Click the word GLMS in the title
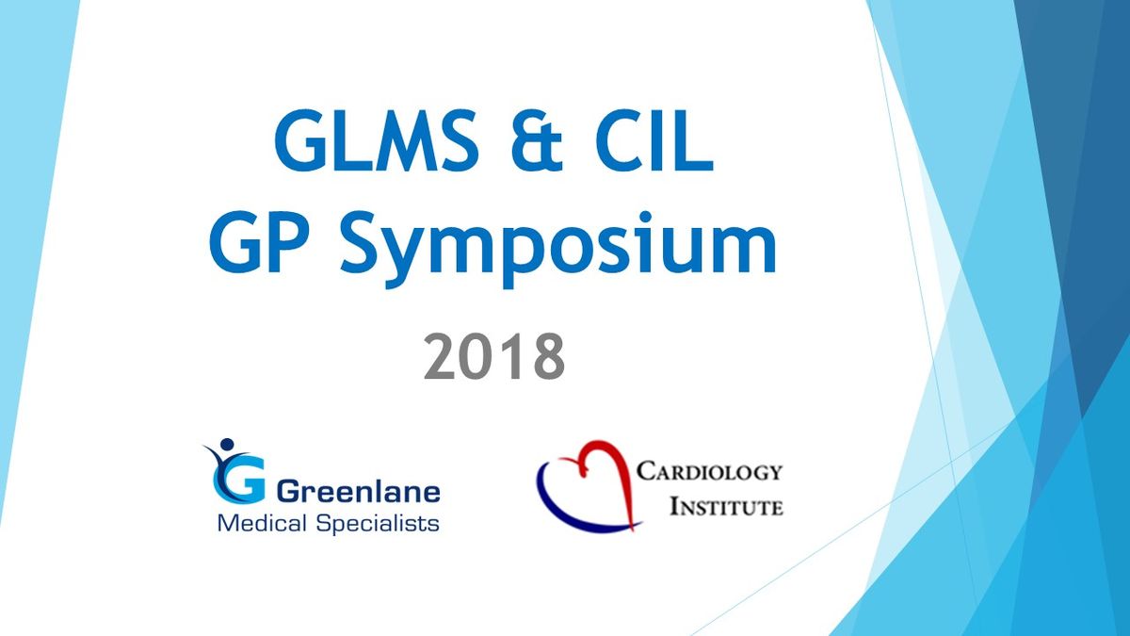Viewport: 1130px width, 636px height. coord(377,139)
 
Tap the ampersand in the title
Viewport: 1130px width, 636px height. coord(536,140)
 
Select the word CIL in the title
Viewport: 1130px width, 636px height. coord(654,139)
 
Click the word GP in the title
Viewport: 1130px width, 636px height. coord(263,242)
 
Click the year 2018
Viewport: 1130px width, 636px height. coord(494,357)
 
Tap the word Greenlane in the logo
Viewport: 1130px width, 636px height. coord(359,492)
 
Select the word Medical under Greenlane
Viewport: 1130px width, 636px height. coord(262,523)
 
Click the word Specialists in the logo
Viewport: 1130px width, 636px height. coord(378,525)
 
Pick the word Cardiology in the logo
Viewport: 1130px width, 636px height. coord(709,472)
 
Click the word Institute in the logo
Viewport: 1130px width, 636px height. coord(726,506)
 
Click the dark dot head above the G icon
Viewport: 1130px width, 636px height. coord(227,444)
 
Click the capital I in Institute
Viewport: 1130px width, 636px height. coord(674,506)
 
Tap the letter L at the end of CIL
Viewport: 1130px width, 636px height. coord(694,140)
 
